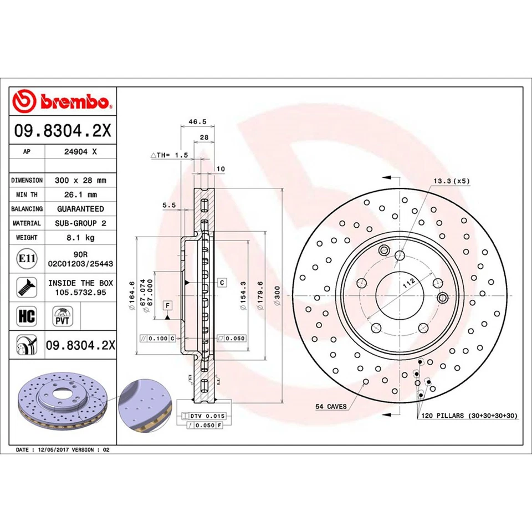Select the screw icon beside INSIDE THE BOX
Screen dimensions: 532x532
(25, 287)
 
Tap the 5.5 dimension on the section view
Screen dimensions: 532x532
(168, 205)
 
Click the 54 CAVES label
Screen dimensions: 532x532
(331, 407)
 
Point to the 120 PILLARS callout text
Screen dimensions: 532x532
(468, 415)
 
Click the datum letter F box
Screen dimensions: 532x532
(167, 305)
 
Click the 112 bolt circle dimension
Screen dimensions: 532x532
(408, 283)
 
